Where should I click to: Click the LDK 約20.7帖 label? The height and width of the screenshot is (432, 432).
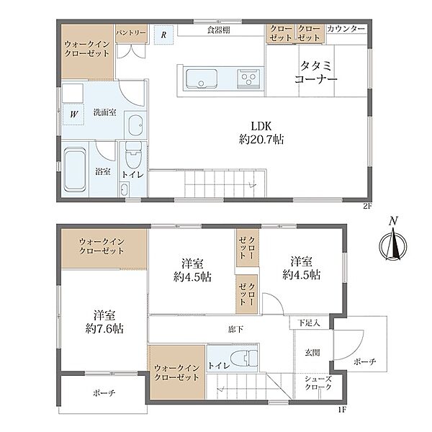coord(261,132)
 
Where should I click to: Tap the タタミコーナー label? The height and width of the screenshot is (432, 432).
coord(316,73)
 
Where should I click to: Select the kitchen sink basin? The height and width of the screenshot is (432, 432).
coord(201,78)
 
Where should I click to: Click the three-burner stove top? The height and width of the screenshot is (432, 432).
coord(248,78)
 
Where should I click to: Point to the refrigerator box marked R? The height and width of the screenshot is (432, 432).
coord(163,35)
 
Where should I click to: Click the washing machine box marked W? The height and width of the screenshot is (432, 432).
coord(73,114)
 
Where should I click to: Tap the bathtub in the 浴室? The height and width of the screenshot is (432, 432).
coord(75,169)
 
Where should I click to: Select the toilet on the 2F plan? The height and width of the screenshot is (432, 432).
coord(133,155)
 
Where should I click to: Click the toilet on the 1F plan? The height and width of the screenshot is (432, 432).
coord(244,358)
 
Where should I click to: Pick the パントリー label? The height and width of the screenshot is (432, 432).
coord(130,33)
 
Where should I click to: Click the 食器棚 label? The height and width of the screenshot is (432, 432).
coord(219,30)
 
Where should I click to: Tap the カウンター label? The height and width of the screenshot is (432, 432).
coord(346,28)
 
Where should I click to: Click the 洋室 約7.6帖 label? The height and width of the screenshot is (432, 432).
coord(104,322)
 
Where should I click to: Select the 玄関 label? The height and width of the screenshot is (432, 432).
coord(312,352)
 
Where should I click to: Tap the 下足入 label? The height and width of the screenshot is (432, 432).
coord(309,323)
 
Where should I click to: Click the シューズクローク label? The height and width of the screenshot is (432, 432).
coord(318,383)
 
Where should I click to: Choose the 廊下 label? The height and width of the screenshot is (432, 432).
coord(236,329)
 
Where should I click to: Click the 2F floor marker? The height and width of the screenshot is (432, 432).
coord(366,206)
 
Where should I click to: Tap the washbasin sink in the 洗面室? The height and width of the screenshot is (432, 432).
coord(135,125)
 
